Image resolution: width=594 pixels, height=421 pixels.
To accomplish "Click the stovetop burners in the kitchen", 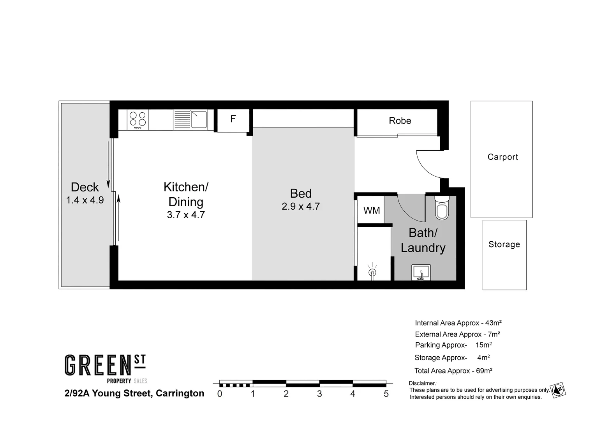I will click(x=137, y=120).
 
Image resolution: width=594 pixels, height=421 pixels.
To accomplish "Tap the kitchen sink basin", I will click(x=199, y=119).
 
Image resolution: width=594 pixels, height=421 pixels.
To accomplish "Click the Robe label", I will click(x=400, y=121).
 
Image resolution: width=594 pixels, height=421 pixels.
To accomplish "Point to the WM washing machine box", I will click(x=371, y=210).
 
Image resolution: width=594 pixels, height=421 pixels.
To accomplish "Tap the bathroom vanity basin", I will click(x=421, y=272).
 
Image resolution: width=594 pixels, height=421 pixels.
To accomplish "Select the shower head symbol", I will click(x=372, y=272).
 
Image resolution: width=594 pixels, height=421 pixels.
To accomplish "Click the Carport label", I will click(x=502, y=157).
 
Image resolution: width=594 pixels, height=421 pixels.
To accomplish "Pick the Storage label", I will click(x=504, y=244).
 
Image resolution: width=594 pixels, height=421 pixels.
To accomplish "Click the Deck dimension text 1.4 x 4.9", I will click(x=85, y=200).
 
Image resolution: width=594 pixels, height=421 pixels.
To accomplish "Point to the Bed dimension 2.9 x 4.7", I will click(x=301, y=207).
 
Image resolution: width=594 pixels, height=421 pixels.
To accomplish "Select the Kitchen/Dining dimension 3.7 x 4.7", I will click(x=186, y=215).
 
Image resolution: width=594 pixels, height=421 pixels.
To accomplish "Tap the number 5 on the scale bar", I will click(x=386, y=394).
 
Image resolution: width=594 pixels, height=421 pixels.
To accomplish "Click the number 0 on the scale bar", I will click(x=220, y=394).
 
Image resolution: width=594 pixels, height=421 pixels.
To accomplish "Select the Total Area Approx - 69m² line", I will click(x=453, y=371).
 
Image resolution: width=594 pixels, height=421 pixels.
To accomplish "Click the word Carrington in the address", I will click(x=180, y=393).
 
